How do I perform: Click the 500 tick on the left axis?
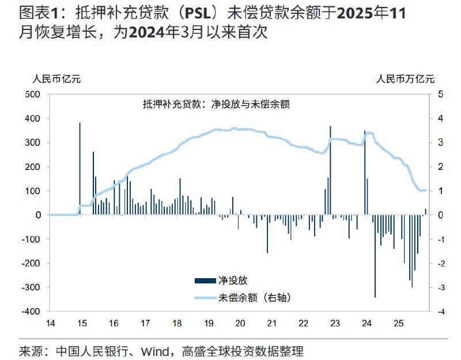(32, 94)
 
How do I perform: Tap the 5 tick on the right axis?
(440, 94)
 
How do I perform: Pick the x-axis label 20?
(240, 323)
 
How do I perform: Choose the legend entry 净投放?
(228, 281)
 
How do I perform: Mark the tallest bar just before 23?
(330, 170)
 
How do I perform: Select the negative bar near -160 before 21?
(267, 233)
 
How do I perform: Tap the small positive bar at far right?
(426, 212)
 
